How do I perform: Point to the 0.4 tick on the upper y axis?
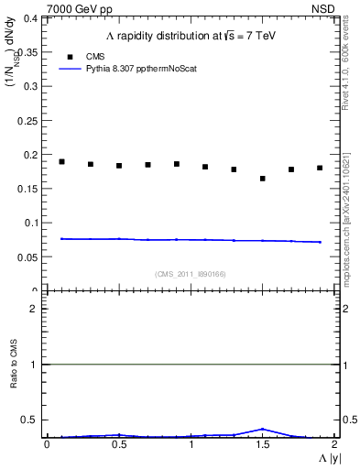(x=30, y=18)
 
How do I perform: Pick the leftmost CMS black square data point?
(x=61, y=161)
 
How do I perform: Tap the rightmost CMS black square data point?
(x=320, y=168)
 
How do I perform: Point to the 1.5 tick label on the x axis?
(x=262, y=444)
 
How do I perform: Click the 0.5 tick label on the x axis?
(x=118, y=444)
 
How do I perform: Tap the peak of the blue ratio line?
(x=262, y=429)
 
